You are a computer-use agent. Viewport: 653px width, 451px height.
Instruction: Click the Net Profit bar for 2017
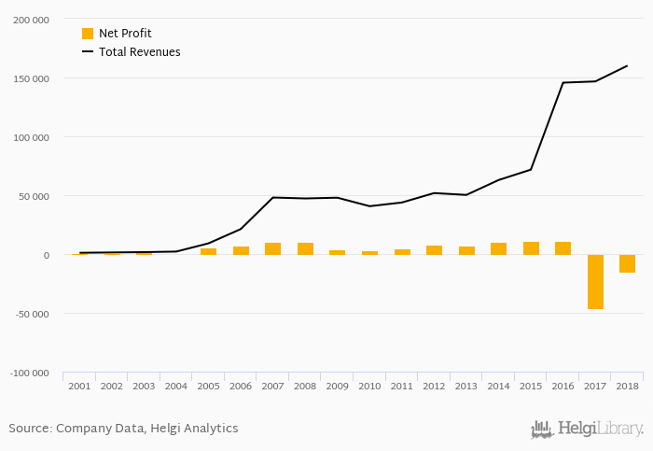[x=595, y=281]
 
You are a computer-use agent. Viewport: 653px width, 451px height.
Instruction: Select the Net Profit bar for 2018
[x=627, y=263]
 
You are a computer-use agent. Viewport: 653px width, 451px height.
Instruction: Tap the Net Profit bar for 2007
[x=272, y=248]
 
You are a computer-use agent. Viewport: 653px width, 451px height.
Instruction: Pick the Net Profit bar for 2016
[x=563, y=248]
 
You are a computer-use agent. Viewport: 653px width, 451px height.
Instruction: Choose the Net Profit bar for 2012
[x=434, y=250]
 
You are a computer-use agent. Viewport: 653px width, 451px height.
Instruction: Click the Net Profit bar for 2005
[x=208, y=251]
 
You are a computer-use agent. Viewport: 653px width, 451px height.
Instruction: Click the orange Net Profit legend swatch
[x=88, y=34]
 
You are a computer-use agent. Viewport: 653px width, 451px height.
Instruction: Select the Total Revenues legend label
[x=139, y=52]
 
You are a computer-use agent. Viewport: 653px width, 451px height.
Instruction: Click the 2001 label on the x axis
[x=79, y=386]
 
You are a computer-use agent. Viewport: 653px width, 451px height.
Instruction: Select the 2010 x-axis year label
[x=369, y=386]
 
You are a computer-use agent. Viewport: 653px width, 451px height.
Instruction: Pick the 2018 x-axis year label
[x=627, y=386]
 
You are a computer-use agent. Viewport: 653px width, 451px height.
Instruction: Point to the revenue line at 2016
[x=563, y=83]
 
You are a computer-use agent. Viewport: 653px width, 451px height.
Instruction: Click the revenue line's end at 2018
[x=627, y=65]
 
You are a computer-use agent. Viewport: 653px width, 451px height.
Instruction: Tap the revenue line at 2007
[x=272, y=197]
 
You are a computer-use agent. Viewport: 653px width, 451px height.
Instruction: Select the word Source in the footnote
[x=29, y=429]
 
